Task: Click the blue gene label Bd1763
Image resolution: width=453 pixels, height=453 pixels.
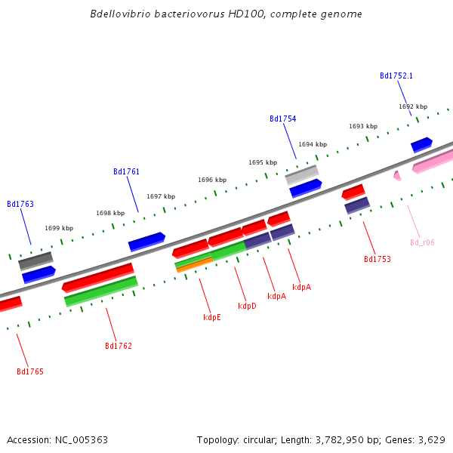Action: [x=20, y=204]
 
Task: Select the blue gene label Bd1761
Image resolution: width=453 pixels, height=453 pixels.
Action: [x=126, y=171]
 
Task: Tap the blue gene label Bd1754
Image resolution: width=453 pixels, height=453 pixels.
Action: [x=282, y=119]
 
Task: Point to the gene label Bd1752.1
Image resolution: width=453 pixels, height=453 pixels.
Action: [x=396, y=75]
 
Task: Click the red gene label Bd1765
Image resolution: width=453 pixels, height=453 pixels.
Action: [x=30, y=371]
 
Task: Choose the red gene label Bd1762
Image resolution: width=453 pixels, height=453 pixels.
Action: [x=119, y=346]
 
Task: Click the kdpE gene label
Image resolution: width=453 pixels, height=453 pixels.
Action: [x=212, y=317]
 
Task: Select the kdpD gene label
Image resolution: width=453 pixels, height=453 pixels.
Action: [x=247, y=306]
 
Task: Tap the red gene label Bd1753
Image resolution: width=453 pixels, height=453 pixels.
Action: [x=377, y=259]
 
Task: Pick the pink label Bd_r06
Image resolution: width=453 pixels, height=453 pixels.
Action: [x=422, y=242]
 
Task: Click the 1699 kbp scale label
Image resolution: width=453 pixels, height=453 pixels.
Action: [x=59, y=228]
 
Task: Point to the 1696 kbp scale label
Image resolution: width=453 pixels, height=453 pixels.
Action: [x=212, y=180]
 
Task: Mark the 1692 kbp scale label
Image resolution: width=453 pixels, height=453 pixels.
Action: [x=413, y=106]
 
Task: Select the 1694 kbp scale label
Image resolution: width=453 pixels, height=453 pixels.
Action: [x=313, y=144]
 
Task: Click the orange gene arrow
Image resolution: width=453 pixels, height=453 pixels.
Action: [x=194, y=265]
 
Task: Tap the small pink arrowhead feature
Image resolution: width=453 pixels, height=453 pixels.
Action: [x=396, y=176]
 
